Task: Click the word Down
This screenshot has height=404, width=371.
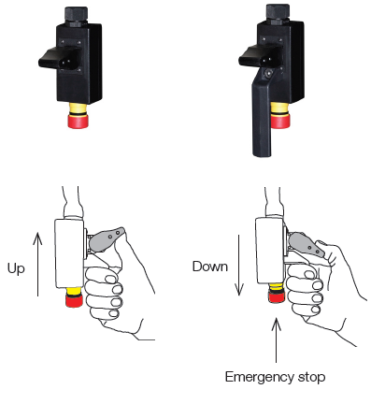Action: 210,266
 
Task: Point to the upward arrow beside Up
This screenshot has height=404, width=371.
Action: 38,263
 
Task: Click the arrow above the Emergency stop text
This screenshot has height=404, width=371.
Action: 276,341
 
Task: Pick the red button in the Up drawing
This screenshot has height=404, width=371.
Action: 73,301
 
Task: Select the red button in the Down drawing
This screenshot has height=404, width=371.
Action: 276,297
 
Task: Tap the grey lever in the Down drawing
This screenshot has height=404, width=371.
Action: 304,242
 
